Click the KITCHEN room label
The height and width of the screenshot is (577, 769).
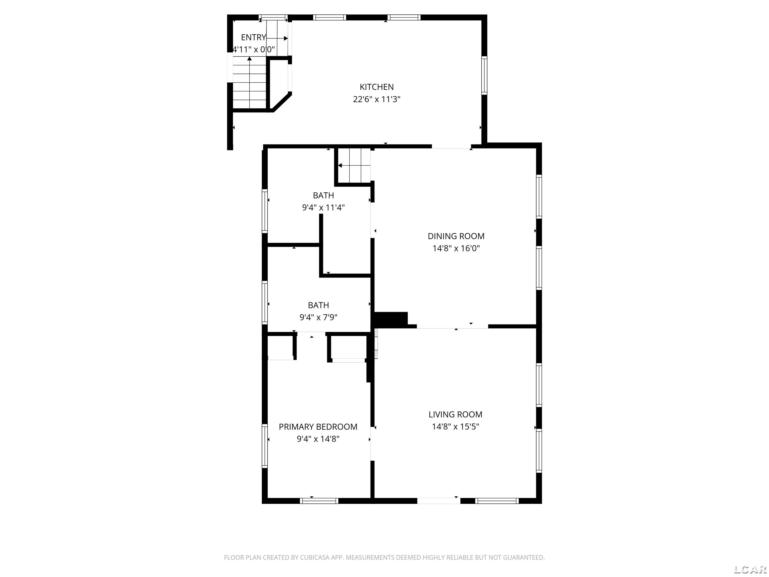coord(376,87)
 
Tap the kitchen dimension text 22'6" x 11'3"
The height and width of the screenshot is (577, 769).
coord(376,99)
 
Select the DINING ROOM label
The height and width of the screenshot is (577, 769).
coord(456,236)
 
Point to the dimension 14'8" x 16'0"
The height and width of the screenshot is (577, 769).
coord(456,248)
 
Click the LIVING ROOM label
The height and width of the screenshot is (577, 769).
coord(455,414)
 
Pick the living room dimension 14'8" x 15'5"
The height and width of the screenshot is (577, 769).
coord(455,426)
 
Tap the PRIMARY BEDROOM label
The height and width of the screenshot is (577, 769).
coord(318,427)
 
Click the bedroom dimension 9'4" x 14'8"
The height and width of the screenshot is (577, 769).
coord(318,439)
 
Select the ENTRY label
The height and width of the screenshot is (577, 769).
coord(253,37)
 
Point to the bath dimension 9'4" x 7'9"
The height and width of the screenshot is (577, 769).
coord(318,317)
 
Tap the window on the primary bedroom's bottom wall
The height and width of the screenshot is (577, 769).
coord(319,501)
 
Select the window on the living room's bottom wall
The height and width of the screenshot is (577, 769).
coord(497,501)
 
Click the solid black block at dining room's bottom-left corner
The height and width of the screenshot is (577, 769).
coord(390,319)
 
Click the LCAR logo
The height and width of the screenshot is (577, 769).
coord(750,569)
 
